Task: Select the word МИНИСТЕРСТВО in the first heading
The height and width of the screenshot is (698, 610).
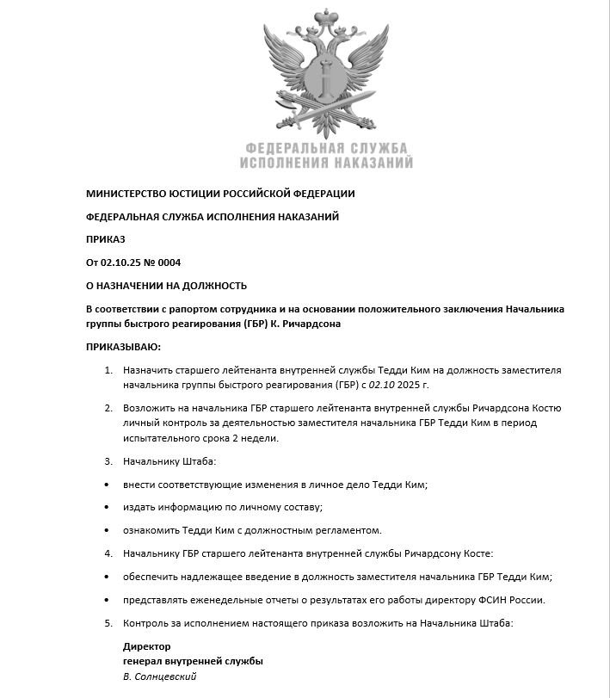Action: coord(126,194)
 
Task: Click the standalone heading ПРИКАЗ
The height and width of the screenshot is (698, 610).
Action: coord(106,239)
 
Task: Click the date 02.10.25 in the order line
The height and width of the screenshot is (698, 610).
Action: coord(120,263)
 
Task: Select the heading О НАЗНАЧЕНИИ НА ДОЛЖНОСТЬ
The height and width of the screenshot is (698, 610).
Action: coord(167,286)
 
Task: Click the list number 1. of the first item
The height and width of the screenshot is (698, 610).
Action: coord(108,370)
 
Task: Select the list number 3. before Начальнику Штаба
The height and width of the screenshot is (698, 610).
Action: coord(108,463)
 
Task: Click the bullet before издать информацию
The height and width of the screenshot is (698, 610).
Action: coord(107,507)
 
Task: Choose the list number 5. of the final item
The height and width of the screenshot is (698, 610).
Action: coord(108,622)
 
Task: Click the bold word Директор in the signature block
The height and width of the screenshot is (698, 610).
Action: coord(147,646)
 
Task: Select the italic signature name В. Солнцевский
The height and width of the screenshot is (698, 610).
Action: coord(160,676)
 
